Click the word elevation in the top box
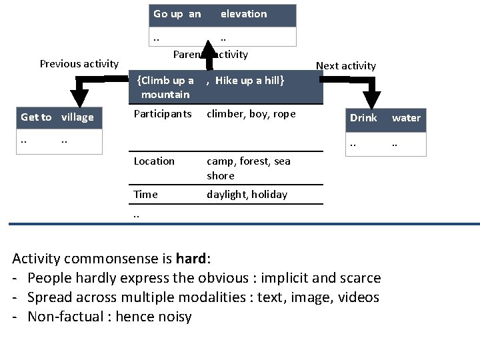pyautogui.click(x=243, y=14)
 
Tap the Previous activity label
pyautogui.click(x=79, y=64)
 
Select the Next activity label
pyautogui.click(x=345, y=65)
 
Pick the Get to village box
pyautogui.click(x=57, y=118)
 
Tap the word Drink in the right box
pyautogui.click(x=363, y=118)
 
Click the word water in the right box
pyautogui.click(x=406, y=118)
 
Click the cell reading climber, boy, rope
pyautogui.click(x=251, y=114)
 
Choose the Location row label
pyautogui.click(x=154, y=161)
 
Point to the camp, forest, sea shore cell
pyautogui.click(x=248, y=168)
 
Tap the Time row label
pyautogui.click(x=145, y=195)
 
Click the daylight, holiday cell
pyautogui.click(x=247, y=195)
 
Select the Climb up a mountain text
pyautogui.click(x=165, y=87)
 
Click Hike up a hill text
pyautogui.click(x=250, y=81)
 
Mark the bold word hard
pyautogui.click(x=191, y=258)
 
